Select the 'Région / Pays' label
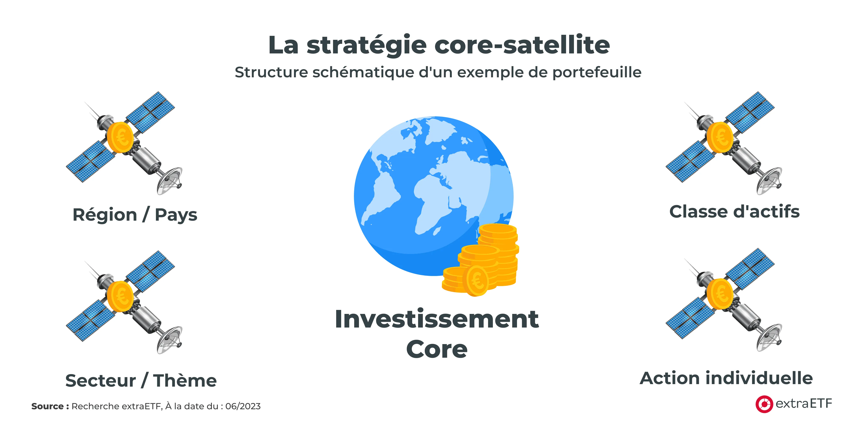point(135,214)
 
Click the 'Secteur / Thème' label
point(141,380)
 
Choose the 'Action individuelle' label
point(726,378)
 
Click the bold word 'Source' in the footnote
point(47,406)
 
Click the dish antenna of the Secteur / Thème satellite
point(169,341)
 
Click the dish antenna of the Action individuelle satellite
point(769,338)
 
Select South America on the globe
point(381,197)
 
